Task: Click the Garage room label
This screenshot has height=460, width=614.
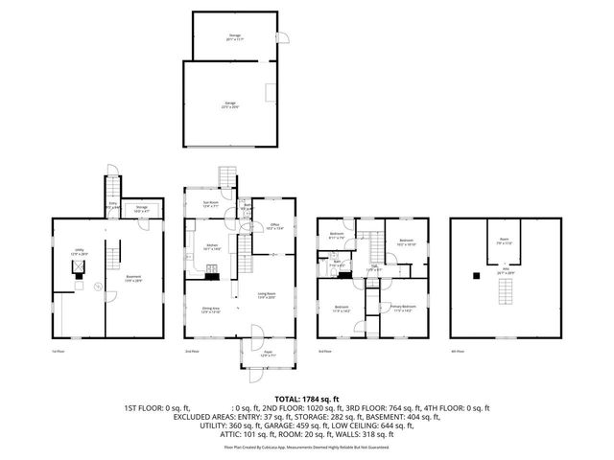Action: [230, 104]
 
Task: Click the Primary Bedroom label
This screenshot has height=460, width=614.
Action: [401, 309]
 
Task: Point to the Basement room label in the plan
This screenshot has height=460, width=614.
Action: [132, 280]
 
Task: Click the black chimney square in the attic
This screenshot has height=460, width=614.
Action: [476, 276]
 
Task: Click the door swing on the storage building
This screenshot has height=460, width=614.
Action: [279, 37]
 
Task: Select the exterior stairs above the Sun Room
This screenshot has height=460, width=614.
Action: [227, 178]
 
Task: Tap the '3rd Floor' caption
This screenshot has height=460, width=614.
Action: [326, 352]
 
